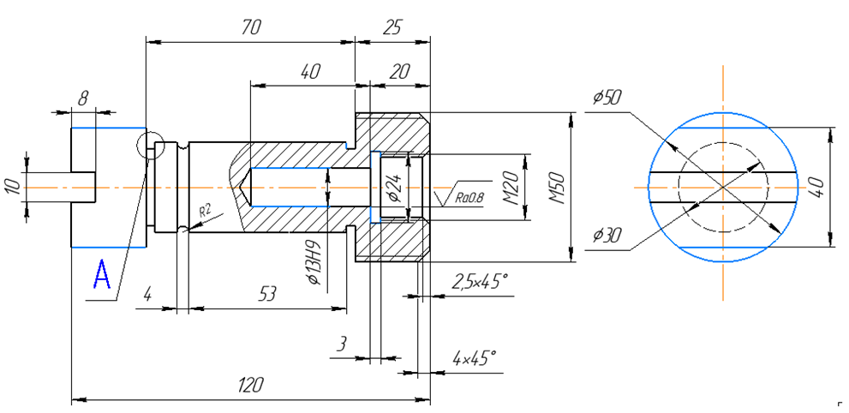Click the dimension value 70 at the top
[x=250, y=27]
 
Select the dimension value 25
[x=392, y=27]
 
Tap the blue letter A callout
[x=102, y=276]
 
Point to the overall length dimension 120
[x=251, y=384]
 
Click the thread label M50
[x=557, y=188]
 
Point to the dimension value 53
[x=268, y=295]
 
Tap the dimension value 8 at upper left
[x=82, y=99]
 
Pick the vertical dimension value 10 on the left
[x=11, y=187]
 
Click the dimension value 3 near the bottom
[x=343, y=344]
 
